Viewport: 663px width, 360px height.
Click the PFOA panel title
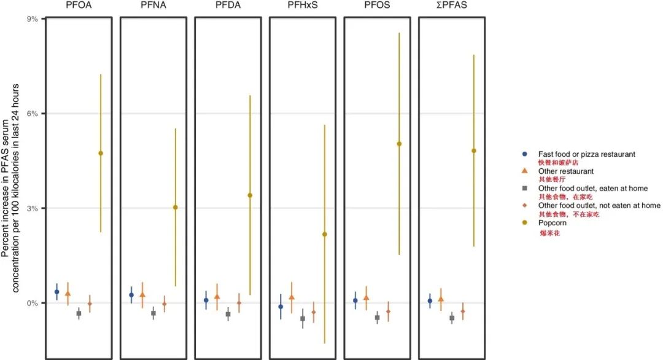[x=79, y=6]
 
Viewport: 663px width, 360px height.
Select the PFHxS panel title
[x=303, y=6]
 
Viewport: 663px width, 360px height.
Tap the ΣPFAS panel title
[x=452, y=6]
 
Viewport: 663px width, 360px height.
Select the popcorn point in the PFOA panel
[x=101, y=153]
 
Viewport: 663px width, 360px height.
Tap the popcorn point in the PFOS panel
[x=399, y=144]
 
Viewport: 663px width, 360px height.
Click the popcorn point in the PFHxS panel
[x=325, y=234]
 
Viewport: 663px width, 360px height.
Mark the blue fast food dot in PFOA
[x=57, y=292]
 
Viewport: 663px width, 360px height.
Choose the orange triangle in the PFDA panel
[x=217, y=297]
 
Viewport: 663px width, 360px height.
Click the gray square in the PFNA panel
[x=153, y=313]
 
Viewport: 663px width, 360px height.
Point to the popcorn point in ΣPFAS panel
[x=474, y=151]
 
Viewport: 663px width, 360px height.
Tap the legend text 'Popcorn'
[x=554, y=223]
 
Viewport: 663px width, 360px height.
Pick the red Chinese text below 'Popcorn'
[x=549, y=234]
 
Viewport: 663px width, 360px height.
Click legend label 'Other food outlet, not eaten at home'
[x=599, y=205]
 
